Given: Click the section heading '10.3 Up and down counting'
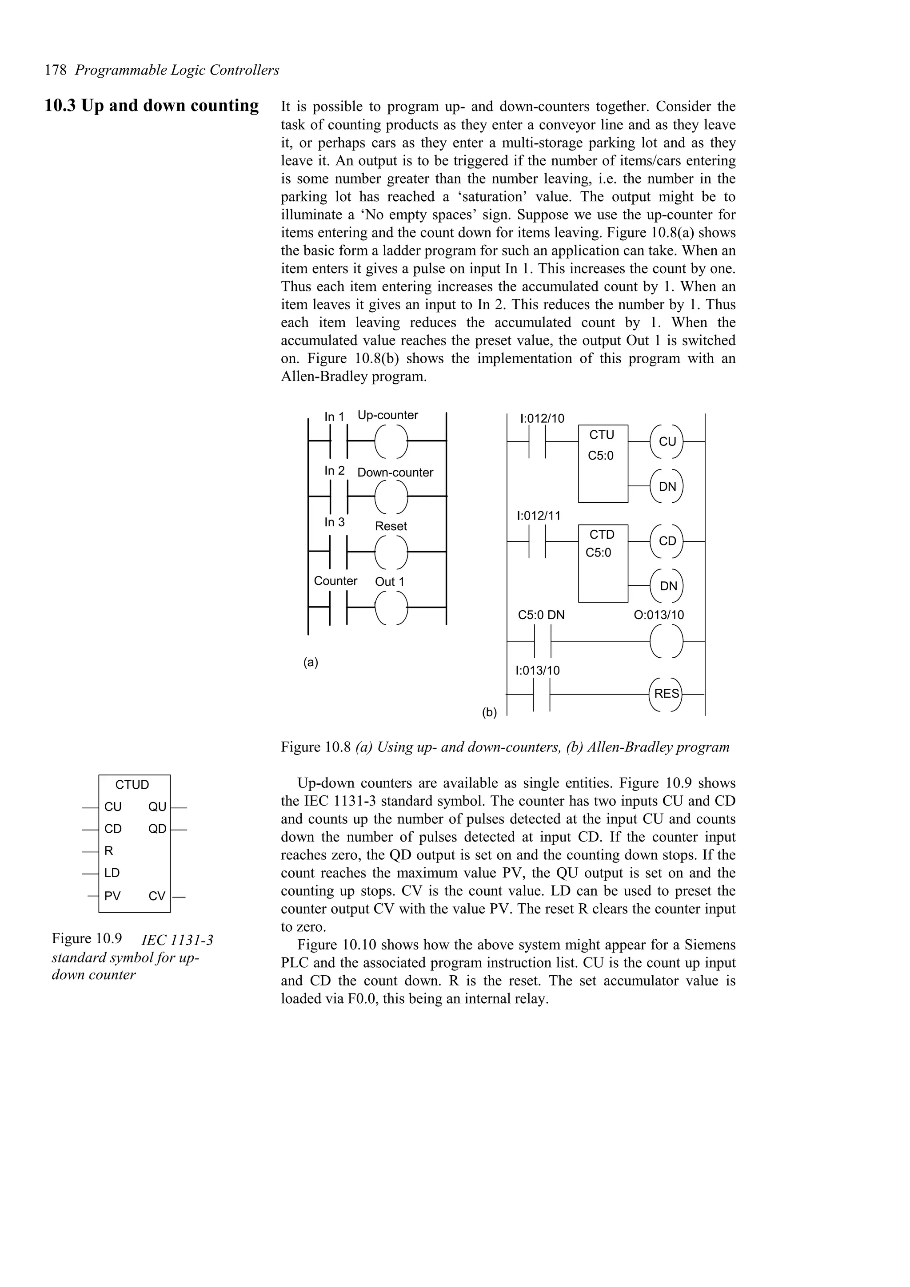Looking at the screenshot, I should [152, 105].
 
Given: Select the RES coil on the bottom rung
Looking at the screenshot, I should [667, 694].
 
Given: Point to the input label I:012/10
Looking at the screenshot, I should [542, 419].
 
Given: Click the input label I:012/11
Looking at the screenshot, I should [538, 516].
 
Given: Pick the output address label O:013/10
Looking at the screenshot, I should [659, 615].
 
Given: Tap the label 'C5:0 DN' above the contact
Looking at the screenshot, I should [541, 615].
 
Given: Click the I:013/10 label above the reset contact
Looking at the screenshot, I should [537, 671].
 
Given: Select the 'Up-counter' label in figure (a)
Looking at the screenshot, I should [387, 415].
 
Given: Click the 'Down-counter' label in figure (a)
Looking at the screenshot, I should [395, 473].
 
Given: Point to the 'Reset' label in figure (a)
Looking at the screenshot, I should [391, 526].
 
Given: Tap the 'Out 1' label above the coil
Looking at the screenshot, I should [389, 582].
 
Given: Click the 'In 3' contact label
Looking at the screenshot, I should [335, 522].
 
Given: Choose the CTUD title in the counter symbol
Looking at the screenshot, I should [132, 785].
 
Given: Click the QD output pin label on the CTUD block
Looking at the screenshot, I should [158, 829].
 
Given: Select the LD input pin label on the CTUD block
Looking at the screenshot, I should [112, 873].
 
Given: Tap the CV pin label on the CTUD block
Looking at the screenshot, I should [157, 896].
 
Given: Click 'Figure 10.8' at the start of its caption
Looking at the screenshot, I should [316, 747].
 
